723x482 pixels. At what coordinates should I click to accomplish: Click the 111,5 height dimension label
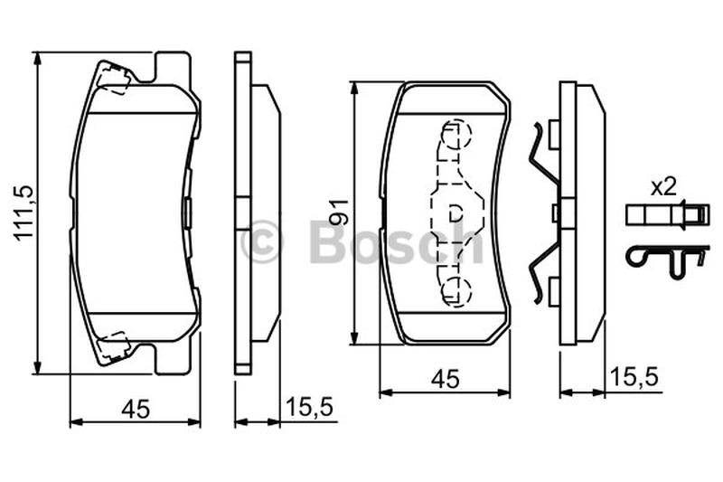[24, 213]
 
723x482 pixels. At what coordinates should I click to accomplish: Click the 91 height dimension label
[340, 213]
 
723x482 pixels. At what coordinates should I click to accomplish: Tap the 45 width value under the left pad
[136, 409]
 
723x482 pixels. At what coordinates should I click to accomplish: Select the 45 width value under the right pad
[446, 379]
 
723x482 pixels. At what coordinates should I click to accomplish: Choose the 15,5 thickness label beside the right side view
[634, 377]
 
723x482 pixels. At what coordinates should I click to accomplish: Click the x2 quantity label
[663, 188]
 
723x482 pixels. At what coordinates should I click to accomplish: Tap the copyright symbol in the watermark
[261, 241]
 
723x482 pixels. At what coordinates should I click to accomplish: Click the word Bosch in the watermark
[397, 241]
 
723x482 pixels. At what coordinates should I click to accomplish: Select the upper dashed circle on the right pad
[455, 135]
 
